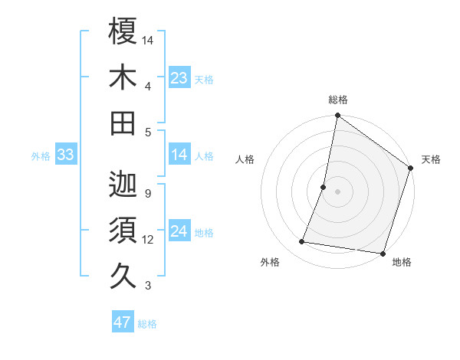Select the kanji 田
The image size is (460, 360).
[123, 123]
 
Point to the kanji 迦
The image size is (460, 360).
[123, 185]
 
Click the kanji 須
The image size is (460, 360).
[123, 231]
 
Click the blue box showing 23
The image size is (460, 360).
[179, 78]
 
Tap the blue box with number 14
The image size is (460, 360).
[179, 155]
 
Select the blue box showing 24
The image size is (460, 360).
[179, 232]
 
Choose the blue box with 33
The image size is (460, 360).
[65, 155]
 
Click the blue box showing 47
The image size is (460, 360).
[123, 322]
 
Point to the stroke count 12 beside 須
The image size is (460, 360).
[148, 240]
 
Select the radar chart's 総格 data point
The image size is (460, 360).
[337, 116]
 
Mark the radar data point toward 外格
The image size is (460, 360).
[302, 242]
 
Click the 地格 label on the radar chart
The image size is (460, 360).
[402, 263]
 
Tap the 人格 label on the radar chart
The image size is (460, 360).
[245, 160]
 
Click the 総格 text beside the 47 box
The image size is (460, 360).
[147, 324]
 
